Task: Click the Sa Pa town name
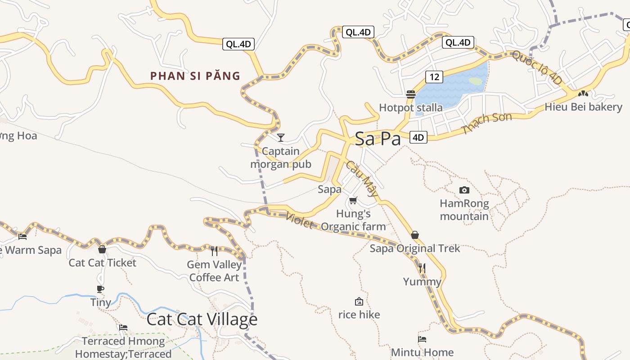click(x=378, y=139)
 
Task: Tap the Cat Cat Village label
click(x=202, y=319)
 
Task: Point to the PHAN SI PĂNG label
click(x=195, y=76)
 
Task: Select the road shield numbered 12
click(x=434, y=77)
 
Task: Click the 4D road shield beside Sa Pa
click(x=418, y=137)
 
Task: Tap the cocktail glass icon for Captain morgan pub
click(x=281, y=137)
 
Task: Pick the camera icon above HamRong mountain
click(x=464, y=190)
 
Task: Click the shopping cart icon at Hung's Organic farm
click(x=353, y=200)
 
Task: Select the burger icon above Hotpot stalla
click(x=410, y=94)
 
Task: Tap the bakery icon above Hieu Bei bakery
click(x=583, y=94)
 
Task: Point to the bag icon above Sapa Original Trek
click(x=415, y=235)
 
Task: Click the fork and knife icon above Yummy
click(x=422, y=269)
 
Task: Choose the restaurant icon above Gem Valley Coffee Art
click(x=214, y=251)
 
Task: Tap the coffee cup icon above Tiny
click(x=100, y=289)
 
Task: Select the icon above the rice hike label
click(x=359, y=301)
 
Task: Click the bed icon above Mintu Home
click(x=422, y=339)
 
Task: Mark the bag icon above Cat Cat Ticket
click(x=102, y=249)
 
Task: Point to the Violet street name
click(x=299, y=220)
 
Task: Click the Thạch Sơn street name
click(x=487, y=123)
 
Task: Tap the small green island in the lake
click(x=475, y=81)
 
